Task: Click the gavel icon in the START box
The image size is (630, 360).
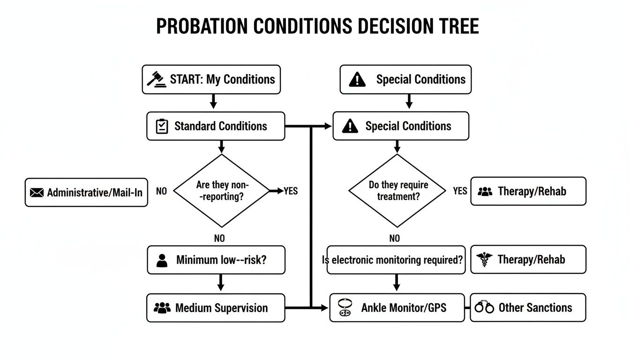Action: (x=157, y=79)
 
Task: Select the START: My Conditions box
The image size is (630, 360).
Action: (x=211, y=79)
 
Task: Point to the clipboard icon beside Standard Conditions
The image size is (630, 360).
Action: (x=162, y=126)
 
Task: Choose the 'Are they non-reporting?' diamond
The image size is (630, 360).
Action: (x=222, y=191)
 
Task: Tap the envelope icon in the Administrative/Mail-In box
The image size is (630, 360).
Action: (x=36, y=193)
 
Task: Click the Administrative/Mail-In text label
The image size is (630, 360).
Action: (x=95, y=192)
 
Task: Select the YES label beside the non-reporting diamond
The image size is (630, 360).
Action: (x=291, y=191)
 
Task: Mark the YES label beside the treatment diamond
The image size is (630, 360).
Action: (x=460, y=191)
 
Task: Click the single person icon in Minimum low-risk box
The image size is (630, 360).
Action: (x=162, y=260)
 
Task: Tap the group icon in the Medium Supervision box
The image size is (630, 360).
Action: (x=162, y=308)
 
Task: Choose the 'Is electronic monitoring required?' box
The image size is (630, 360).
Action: (x=396, y=260)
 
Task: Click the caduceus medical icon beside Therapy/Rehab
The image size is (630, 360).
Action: (x=483, y=260)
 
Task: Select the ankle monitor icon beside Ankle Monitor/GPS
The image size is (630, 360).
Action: (x=345, y=307)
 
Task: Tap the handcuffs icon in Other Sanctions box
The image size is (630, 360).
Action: (x=484, y=308)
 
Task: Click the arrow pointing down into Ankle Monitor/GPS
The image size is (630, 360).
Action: (x=397, y=283)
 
